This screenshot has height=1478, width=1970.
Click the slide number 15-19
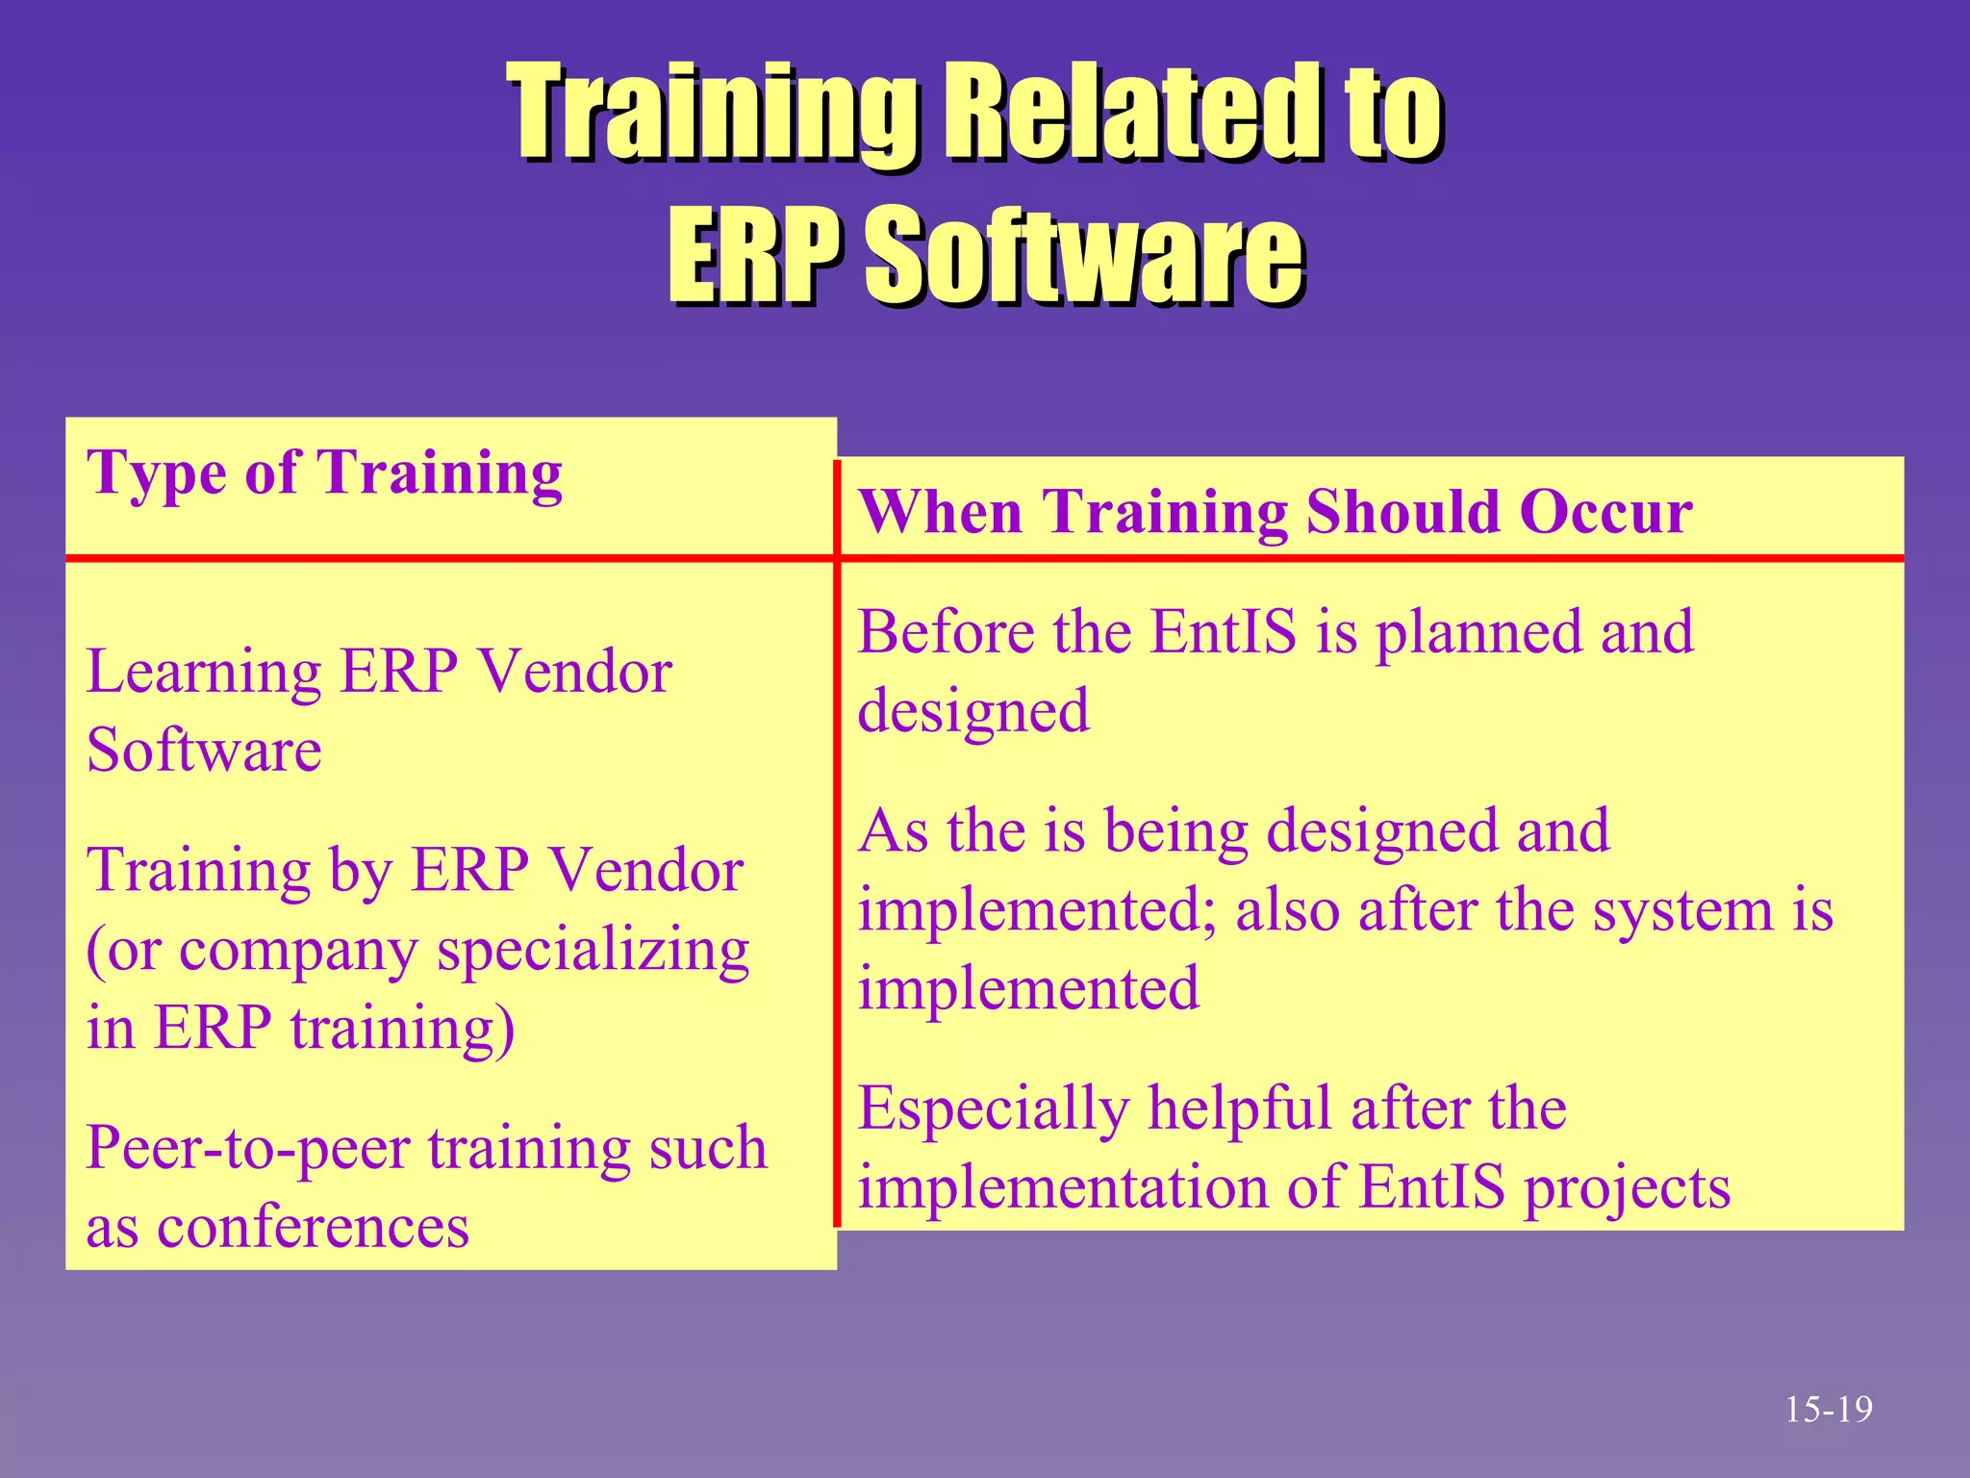1829,1410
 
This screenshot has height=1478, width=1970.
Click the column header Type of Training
324,473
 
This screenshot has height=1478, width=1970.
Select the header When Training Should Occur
1275,511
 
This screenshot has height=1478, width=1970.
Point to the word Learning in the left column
203,673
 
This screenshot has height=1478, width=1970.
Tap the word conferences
313,1227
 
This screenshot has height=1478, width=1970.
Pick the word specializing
593,952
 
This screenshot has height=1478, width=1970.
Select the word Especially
993,1109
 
